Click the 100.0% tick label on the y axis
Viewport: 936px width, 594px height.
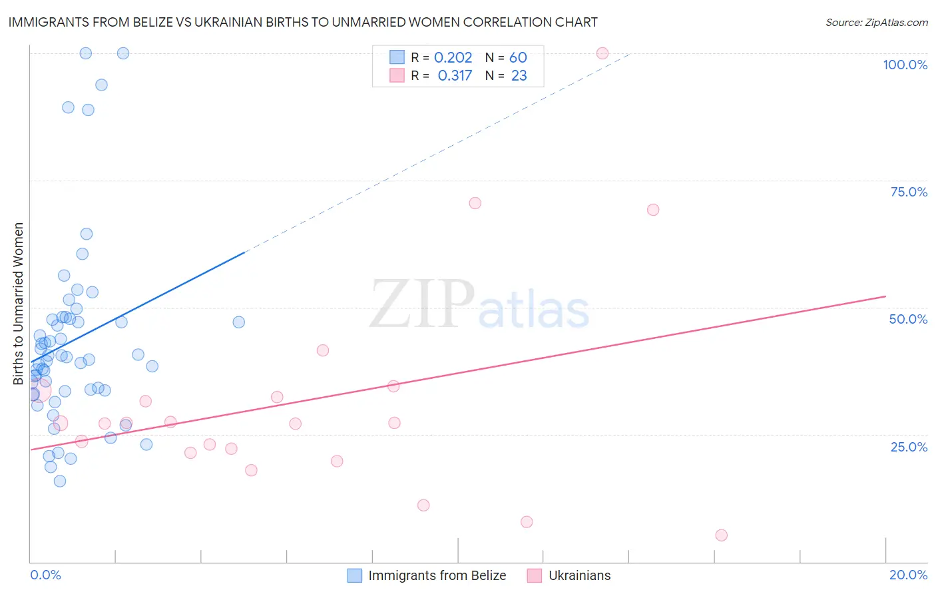pos(905,65)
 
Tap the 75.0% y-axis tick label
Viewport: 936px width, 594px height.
pos(909,192)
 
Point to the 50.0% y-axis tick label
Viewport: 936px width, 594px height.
pos(908,319)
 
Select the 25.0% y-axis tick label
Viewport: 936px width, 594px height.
pos(909,446)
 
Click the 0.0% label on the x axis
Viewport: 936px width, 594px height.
pos(45,575)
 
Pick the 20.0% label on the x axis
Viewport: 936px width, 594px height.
pos(908,575)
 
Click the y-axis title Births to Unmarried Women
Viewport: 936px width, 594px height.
pos(18,304)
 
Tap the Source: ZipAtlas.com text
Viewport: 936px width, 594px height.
pos(876,22)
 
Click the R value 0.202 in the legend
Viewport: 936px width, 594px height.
pos(453,58)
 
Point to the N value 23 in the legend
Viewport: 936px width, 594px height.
pos(519,76)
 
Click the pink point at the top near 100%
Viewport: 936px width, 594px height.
pos(602,53)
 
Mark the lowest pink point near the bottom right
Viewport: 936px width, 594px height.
pos(721,535)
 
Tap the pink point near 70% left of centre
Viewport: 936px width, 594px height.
pos(475,203)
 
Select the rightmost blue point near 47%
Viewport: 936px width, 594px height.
pos(238,322)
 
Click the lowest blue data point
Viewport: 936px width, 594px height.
pos(60,481)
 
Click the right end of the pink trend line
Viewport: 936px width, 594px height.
pos(885,296)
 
